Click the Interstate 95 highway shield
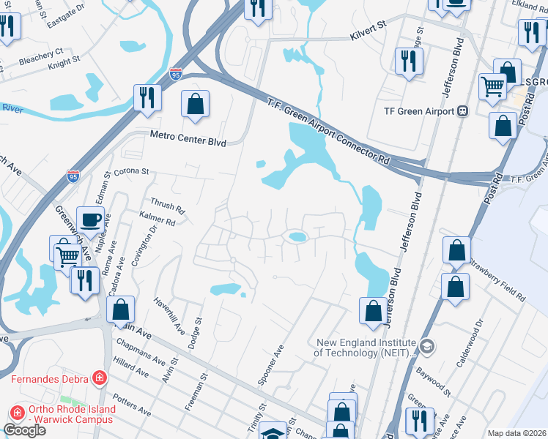pos(176,74)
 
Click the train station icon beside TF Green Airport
pos(462,111)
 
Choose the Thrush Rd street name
pos(167,206)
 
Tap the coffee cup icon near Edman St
pos(91,218)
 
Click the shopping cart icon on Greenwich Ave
pos(68,256)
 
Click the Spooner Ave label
pos(270,365)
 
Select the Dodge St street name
pos(195,333)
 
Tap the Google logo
pos(24,430)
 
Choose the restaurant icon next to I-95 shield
pos(147,97)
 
